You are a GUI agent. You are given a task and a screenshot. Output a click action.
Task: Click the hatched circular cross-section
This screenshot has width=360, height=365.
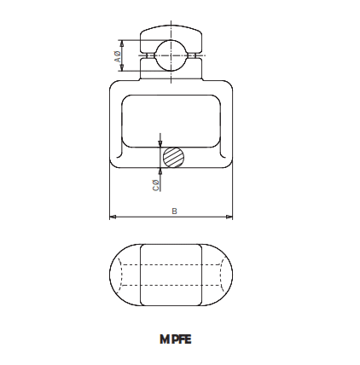pos(174,157)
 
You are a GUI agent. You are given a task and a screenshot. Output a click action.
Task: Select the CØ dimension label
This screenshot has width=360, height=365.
pos(155,184)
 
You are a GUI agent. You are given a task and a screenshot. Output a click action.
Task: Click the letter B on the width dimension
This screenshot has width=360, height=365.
pos(174,210)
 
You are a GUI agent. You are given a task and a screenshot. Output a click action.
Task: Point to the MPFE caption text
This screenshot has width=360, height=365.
pos(175,339)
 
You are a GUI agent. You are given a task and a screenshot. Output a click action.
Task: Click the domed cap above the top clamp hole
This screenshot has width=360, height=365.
pos(173,32)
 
